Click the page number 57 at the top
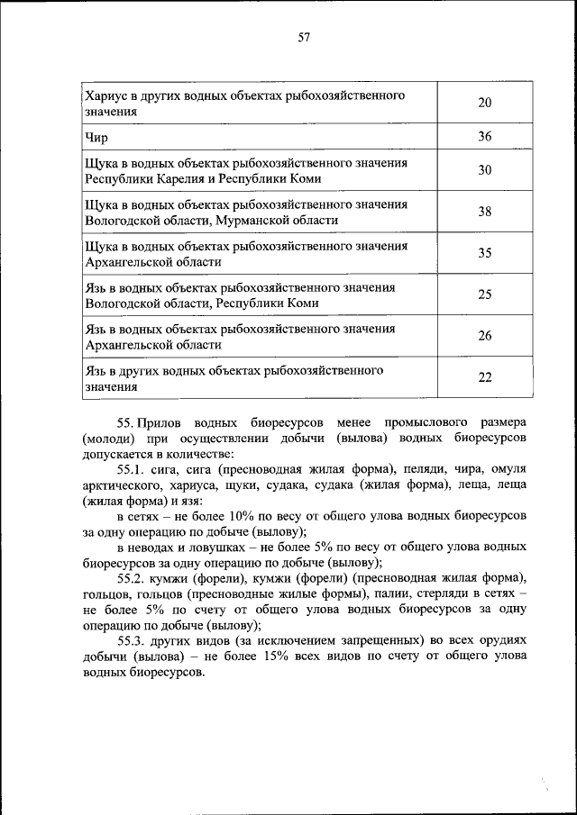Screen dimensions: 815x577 304,37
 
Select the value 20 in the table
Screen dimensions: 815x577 484,104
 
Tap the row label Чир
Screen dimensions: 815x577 96,138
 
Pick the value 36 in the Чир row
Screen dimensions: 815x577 484,137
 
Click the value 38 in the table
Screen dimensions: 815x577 484,212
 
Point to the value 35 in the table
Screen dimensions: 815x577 484,253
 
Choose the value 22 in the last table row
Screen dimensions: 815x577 484,377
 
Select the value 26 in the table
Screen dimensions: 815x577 484,336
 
